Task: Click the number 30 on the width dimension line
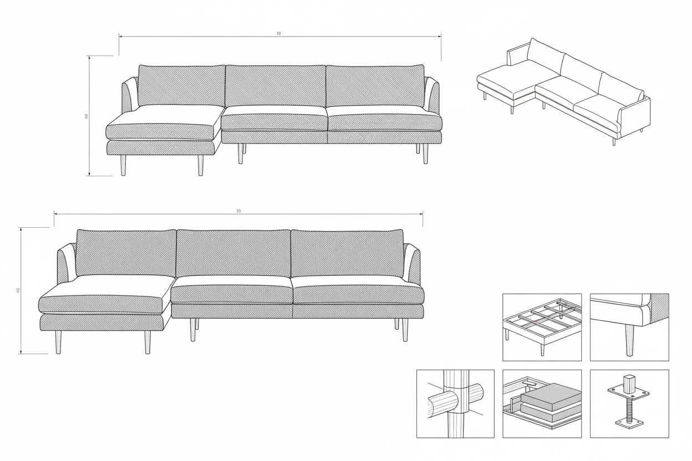pyautogui.click(x=278, y=34)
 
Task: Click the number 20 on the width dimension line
pyautogui.click(x=238, y=211)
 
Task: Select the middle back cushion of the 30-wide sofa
pyautogui.click(x=275, y=86)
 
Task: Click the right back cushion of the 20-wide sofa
pyautogui.click(x=347, y=253)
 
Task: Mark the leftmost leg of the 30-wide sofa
pyautogui.click(x=123, y=165)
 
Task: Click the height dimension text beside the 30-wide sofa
pyautogui.click(x=86, y=116)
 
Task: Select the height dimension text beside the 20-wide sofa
pyautogui.click(x=18, y=290)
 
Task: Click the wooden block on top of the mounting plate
pyautogui.click(x=629, y=383)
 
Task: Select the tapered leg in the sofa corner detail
pyautogui.click(x=629, y=339)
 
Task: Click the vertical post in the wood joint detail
pyautogui.click(x=456, y=403)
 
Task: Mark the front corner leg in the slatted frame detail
pyautogui.click(x=506, y=334)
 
